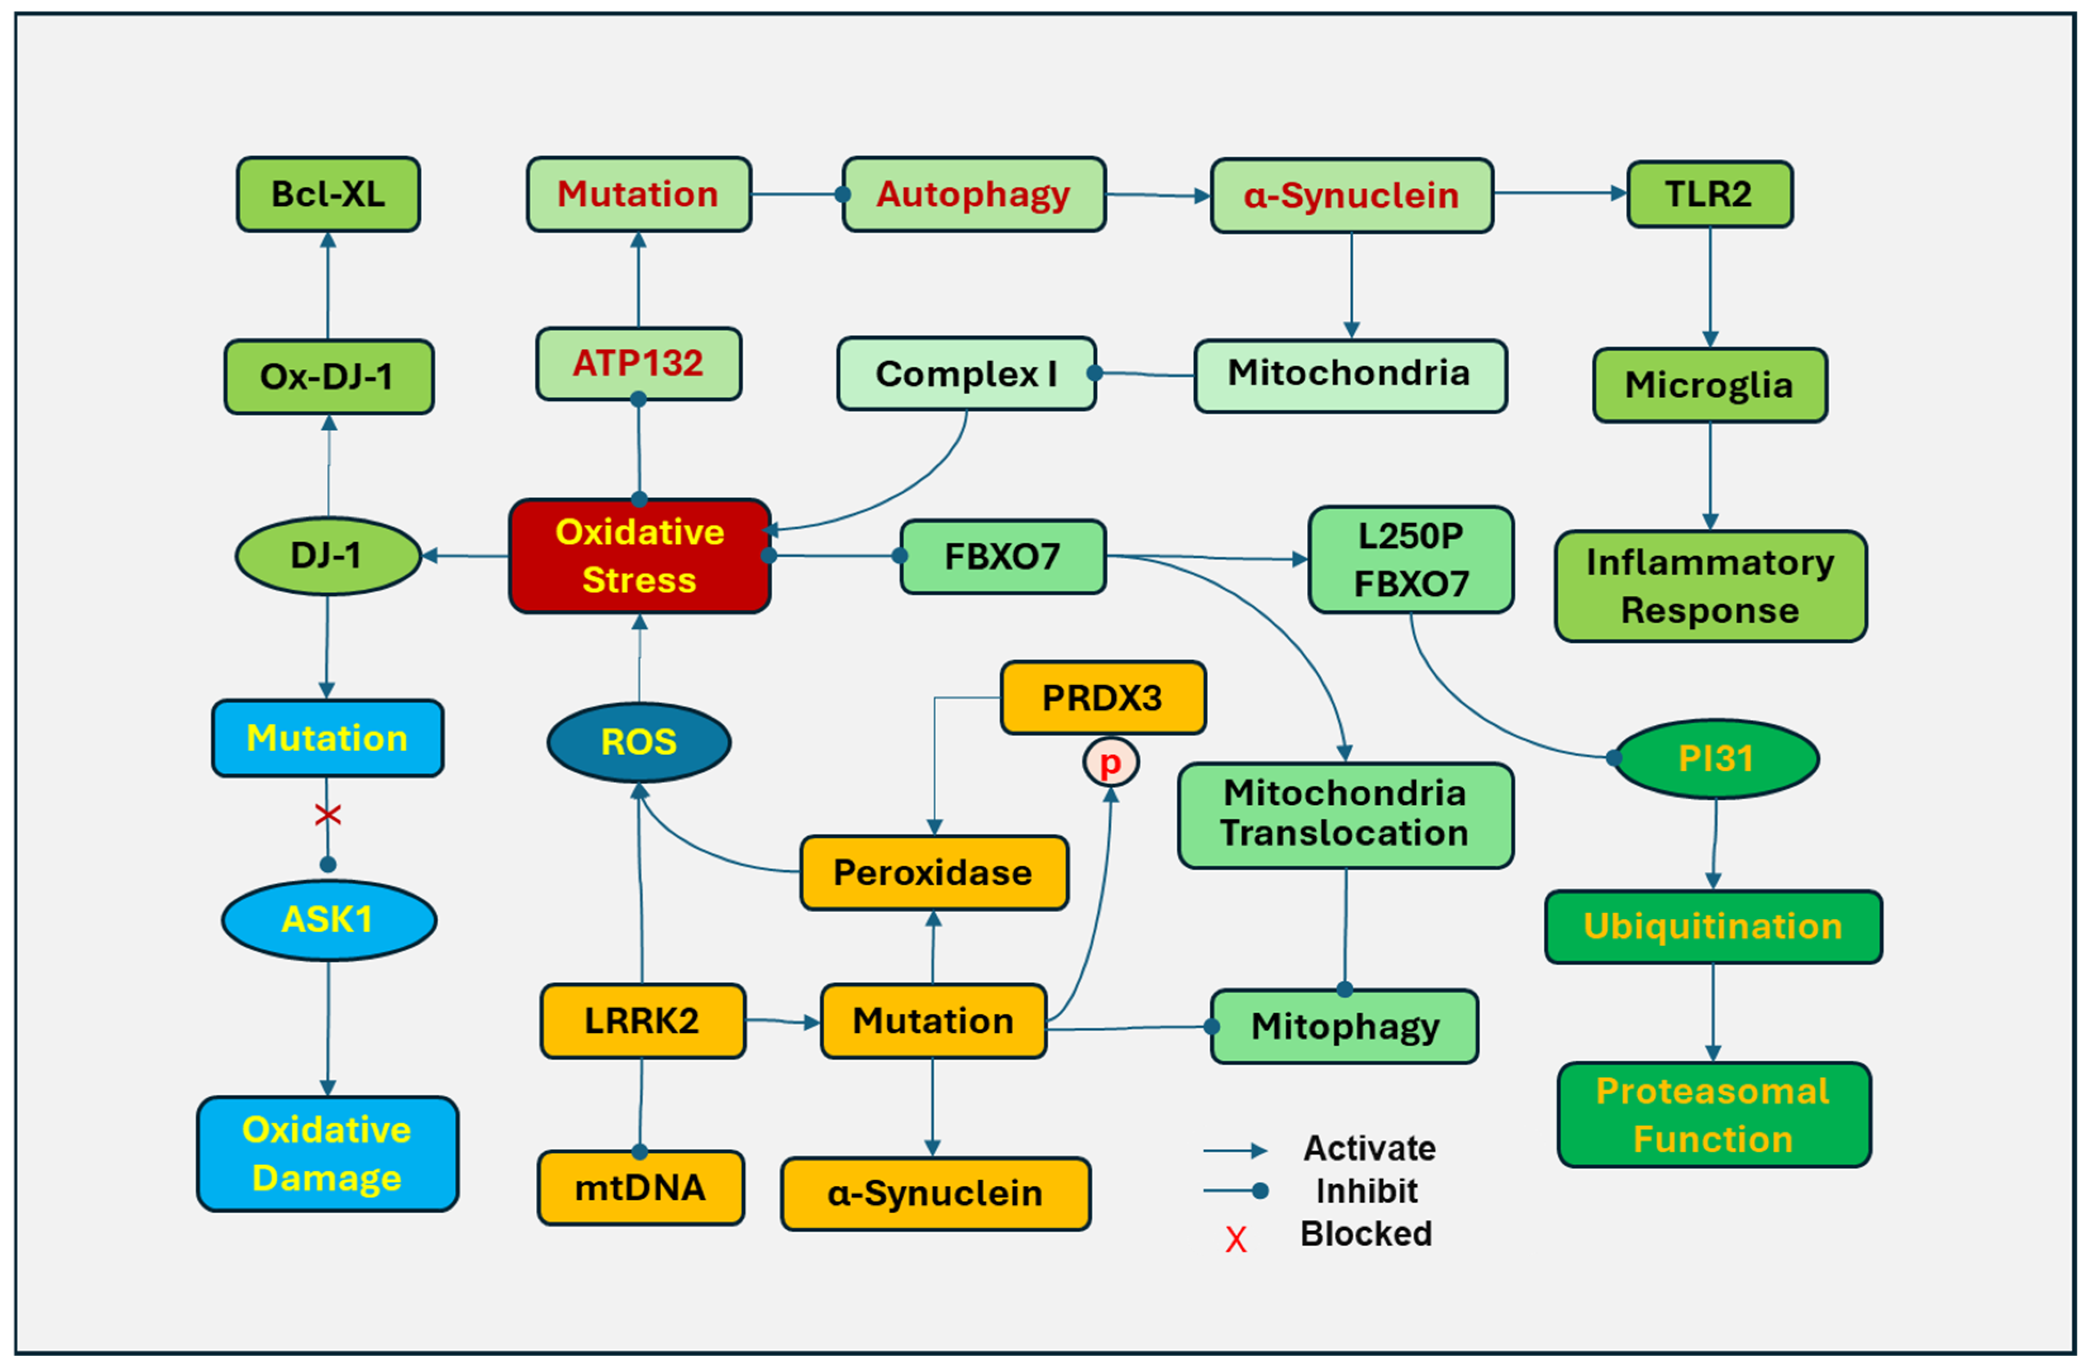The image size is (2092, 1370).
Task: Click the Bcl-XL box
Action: coord(328,194)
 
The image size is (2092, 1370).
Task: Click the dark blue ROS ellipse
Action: coord(639,742)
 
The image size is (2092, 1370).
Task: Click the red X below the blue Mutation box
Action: coord(328,815)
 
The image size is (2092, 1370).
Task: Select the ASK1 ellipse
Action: coord(328,919)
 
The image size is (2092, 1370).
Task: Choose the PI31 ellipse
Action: coord(1716,758)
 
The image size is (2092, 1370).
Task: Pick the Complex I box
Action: coord(966,374)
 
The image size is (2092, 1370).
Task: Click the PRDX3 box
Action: coord(1103,698)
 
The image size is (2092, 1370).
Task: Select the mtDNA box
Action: coord(641,1187)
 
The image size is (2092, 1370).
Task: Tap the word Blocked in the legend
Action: coord(1366,1233)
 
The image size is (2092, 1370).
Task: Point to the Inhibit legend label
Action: coord(1366,1191)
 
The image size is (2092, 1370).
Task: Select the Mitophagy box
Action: coord(1344,1026)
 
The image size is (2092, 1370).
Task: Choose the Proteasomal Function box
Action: coord(1713,1114)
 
